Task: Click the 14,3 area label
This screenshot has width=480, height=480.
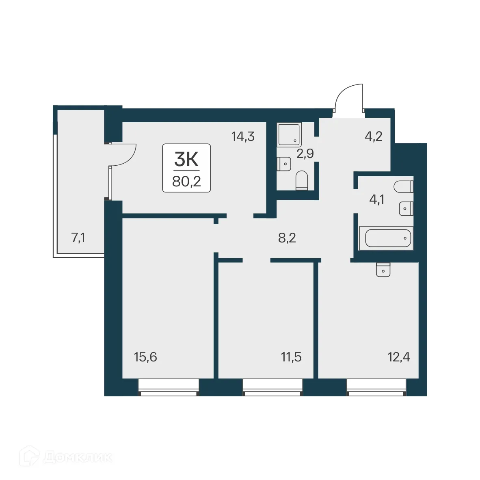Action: tap(243, 136)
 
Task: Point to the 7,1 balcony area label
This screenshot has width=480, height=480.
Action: tap(78, 238)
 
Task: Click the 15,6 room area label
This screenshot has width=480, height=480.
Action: tap(145, 357)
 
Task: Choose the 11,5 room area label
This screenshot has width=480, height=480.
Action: tap(291, 357)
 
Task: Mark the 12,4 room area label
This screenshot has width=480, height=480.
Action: tap(398, 357)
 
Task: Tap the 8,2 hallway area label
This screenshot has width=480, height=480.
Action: tap(287, 238)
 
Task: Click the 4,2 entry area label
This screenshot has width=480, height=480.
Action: tap(374, 136)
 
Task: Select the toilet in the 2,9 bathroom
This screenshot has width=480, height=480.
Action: tap(301, 180)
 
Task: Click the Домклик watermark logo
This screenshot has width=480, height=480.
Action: tap(67, 457)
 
